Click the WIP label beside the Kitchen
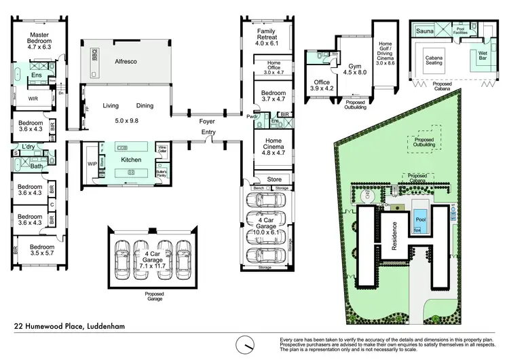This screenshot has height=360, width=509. [92, 164]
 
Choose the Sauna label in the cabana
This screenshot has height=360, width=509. [425, 31]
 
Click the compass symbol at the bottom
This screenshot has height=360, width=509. [243, 342]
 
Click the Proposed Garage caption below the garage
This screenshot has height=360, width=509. [154, 295]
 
